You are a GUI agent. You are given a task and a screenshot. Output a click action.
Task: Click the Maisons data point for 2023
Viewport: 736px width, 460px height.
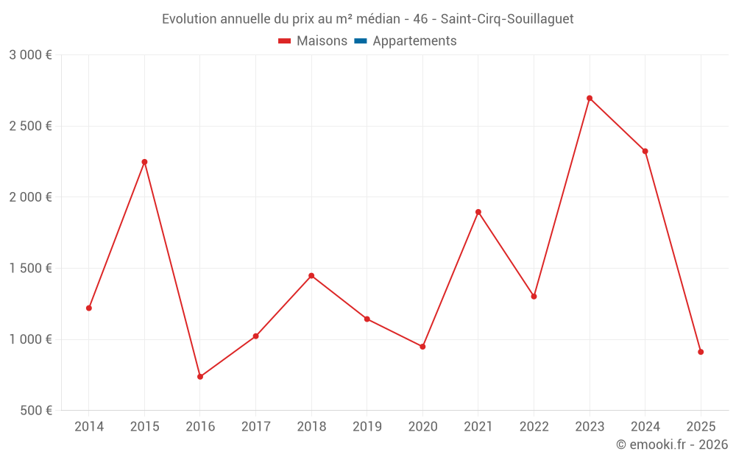590,98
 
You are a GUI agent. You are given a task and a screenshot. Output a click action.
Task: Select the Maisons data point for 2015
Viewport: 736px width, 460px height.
144,162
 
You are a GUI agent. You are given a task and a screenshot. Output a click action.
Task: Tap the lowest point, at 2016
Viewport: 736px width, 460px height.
200,377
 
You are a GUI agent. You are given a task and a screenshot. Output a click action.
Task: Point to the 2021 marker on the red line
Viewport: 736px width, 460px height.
478,212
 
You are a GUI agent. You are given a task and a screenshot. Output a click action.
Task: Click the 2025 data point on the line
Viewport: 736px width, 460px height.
701,352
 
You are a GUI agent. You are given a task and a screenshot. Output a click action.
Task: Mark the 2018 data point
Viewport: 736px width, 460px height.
311,276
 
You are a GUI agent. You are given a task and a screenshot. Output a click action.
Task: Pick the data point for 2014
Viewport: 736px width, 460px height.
89,308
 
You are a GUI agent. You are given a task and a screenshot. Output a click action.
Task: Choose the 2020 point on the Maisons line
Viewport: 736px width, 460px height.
422,347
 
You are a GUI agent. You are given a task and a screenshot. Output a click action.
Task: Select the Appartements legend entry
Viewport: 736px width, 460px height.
414,41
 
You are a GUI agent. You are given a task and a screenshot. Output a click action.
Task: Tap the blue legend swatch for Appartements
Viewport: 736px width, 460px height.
361,41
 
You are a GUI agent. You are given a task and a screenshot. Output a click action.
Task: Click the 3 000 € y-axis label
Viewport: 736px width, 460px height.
30,55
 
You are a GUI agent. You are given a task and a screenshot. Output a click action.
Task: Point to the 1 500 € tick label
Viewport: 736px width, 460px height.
30,269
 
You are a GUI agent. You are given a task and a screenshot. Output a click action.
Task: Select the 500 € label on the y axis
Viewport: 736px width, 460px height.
35,411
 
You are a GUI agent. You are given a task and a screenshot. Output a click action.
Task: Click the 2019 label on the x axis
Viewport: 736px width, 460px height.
367,427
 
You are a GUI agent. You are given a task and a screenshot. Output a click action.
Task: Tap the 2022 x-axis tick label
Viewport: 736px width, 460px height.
534,427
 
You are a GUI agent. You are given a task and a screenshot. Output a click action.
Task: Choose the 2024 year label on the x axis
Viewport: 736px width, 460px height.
645,427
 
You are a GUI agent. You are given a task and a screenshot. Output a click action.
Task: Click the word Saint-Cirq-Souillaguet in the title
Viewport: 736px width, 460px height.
507,19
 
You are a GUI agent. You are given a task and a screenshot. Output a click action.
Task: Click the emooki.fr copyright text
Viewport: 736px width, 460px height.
672,445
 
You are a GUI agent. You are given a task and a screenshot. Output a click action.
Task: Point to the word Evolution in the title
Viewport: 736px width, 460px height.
190,19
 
